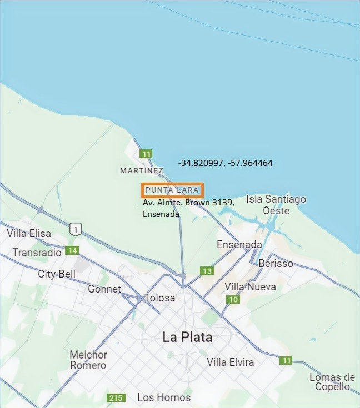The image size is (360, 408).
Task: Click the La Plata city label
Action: pyautogui.click(x=187, y=337)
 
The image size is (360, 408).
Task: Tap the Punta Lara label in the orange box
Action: pyautogui.click(x=172, y=190)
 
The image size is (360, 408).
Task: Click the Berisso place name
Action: pyautogui.click(x=276, y=263)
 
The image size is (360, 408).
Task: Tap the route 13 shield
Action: pyautogui.click(x=207, y=271)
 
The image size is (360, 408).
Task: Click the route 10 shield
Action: pyautogui.click(x=233, y=300)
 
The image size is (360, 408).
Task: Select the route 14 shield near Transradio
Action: pyautogui.click(x=71, y=251)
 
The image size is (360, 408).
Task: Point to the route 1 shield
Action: pyautogui.click(x=76, y=229)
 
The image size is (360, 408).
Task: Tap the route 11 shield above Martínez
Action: pyautogui.click(x=146, y=154)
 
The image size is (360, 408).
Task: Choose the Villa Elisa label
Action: pyautogui.click(x=28, y=234)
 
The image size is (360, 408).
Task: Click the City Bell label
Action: pyautogui.click(x=56, y=274)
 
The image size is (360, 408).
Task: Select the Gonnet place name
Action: pyautogui.click(x=104, y=289)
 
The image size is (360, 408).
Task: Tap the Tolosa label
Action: pyautogui.click(x=159, y=298)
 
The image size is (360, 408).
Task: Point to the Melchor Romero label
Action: pyautogui.click(x=88, y=360)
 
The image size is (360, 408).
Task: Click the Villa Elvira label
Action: pyautogui.click(x=230, y=362)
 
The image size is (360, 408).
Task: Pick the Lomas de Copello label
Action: pyautogui.click(x=332, y=382)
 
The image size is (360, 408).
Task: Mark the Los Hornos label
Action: pyautogui.click(x=164, y=397)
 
